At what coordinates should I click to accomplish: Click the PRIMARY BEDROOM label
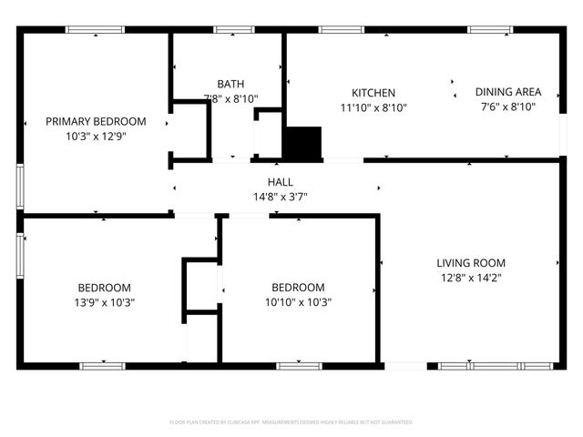click(96, 121)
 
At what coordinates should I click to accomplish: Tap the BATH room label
click(230, 84)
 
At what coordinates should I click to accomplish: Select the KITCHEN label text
click(373, 93)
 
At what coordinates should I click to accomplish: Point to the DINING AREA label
click(508, 92)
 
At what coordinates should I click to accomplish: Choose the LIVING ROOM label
click(470, 262)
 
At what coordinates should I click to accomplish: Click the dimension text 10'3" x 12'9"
click(96, 137)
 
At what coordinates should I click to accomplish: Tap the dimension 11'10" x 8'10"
click(373, 107)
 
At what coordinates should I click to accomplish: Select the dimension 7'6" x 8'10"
click(508, 107)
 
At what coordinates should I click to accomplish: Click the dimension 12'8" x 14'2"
click(470, 278)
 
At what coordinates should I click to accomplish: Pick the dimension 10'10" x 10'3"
click(298, 302)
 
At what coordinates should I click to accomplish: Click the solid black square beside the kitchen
click(302, 143)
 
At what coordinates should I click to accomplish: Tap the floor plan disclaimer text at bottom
click(291, 422)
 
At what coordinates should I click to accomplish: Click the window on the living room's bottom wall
click(496, 366)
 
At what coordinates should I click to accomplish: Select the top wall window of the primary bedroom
click(96, 30)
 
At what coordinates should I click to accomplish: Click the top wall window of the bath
click(233, 30)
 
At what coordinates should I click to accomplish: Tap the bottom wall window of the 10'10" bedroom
click(299, 366)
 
